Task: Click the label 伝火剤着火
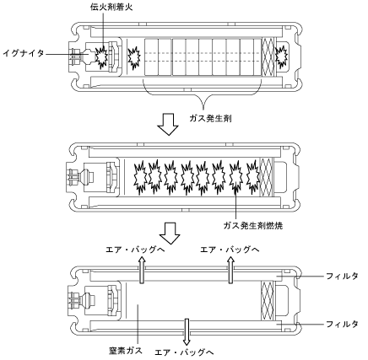(111, 7)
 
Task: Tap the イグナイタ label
(24, 53)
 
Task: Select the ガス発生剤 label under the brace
(210, 118)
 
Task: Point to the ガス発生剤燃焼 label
(253, 225)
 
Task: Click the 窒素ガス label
(126, 350)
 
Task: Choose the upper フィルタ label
(342, 276)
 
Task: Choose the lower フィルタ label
(342, 324)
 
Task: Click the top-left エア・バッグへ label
(135, 250)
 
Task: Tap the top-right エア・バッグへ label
(230, 250)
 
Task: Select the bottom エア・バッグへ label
(184, 352)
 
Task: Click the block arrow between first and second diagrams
(168, 125)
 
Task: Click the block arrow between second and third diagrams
(170, 234)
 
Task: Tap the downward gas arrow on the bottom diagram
(187, 332)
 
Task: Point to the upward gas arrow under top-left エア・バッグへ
(142, 270)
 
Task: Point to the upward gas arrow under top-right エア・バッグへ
(230, 270)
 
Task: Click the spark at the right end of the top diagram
(281, 57)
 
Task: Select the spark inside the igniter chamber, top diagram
(100, 57)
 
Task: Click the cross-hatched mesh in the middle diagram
(267, 177)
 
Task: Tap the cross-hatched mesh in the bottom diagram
(268, 300)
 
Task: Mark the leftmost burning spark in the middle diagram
(140, 177)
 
